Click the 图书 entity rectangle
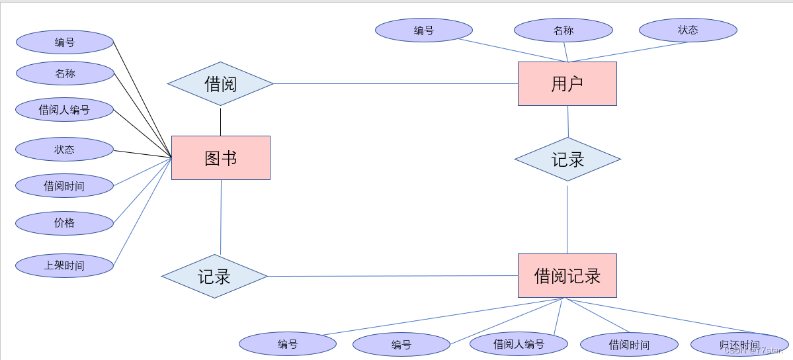coord(220,157)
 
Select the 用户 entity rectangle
coord(567,83)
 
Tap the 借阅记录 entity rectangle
coord(567,275)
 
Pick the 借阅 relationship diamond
coord(220,83)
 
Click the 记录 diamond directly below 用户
coord(567,159)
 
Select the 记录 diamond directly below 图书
coord(214,276)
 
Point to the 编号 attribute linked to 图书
coord(65,42)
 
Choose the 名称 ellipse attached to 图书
coord(65,73)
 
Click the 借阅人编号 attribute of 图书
coord(65,110)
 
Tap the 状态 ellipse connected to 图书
coord(65,150)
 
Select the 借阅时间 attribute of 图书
coord(65,186)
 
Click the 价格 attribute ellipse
coord(65,223)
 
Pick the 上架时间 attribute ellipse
coord(65,265)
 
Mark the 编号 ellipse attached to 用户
coord(423,30)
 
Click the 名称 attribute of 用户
coord(563,30)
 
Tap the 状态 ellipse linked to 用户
coord(688,30)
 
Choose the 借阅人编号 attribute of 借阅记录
coord(519,344)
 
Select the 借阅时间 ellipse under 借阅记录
coord(629,345)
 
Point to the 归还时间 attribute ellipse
coord(739,345)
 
